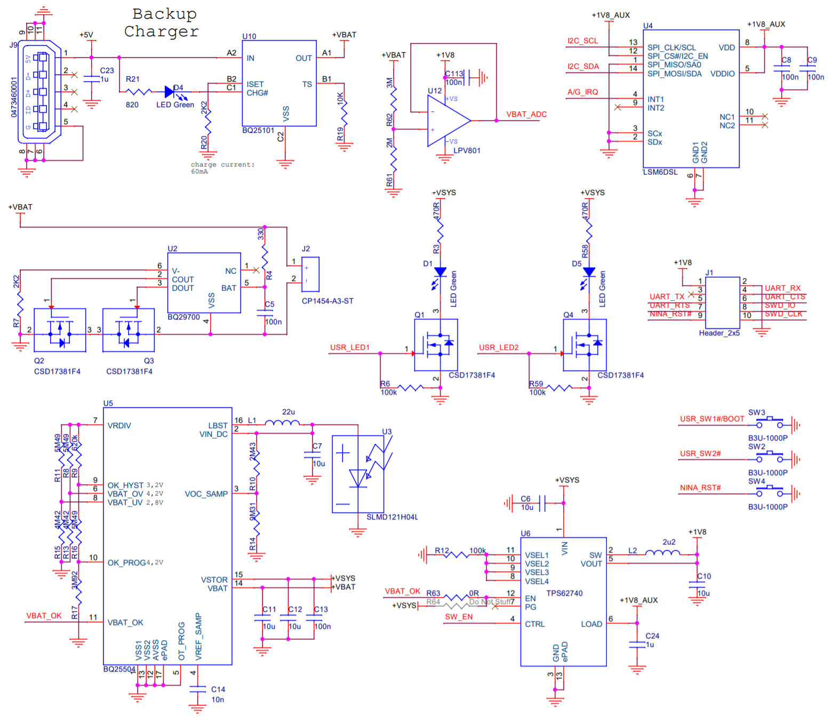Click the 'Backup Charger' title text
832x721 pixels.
click(162, 23)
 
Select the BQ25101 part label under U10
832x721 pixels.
click(258, 131)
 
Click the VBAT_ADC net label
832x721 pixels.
click(526, 115)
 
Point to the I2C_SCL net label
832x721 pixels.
click(582, 41)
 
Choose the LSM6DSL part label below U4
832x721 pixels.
click(660, 172)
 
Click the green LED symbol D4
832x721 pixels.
click(171, 92)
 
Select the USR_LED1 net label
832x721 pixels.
click(349, 348)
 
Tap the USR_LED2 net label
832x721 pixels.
click(498, 348)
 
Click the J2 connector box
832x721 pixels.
click(310, 274)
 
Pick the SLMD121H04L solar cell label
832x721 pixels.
click(392, 517)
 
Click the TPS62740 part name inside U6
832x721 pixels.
click(564, 594)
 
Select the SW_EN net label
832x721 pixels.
click(459, 617)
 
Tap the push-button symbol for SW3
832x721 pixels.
click(769, 423)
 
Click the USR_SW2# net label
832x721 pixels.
click(700, 454)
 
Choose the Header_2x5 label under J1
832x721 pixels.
click(719, 333)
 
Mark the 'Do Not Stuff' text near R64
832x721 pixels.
click(490, 602)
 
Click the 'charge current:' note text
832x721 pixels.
click(222, 165)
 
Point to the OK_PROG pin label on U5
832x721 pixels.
click(126, 563)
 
